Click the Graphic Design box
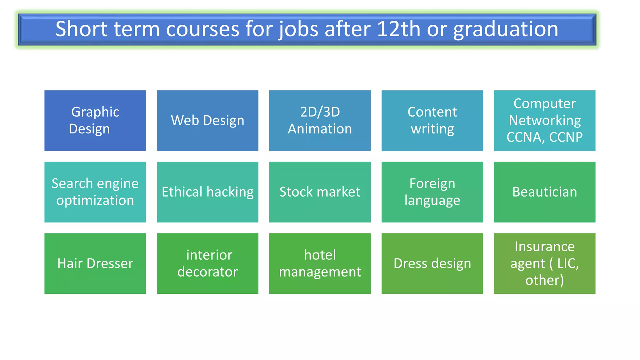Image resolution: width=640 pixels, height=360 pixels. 95,121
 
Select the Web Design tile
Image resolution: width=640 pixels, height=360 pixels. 207,121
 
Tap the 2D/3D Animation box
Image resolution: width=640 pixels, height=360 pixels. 320,121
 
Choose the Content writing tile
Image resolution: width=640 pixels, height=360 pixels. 432,121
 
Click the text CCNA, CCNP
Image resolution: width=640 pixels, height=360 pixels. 544,137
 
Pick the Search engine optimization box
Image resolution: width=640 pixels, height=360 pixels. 95,192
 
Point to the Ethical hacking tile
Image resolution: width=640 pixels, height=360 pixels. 207,192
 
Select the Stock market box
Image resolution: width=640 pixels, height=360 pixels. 320,192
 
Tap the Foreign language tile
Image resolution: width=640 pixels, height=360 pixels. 432,192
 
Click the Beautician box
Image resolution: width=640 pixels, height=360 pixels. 544,192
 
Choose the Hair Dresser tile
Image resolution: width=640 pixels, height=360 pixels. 95,263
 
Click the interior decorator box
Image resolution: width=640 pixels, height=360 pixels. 207,263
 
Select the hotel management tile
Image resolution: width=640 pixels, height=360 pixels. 320,263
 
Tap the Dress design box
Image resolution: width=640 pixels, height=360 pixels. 432,263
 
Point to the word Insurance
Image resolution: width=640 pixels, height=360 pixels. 544,247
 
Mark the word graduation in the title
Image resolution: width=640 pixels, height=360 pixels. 505,29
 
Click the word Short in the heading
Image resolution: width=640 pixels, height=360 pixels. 82,29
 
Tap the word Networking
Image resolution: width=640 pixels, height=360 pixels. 544,120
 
